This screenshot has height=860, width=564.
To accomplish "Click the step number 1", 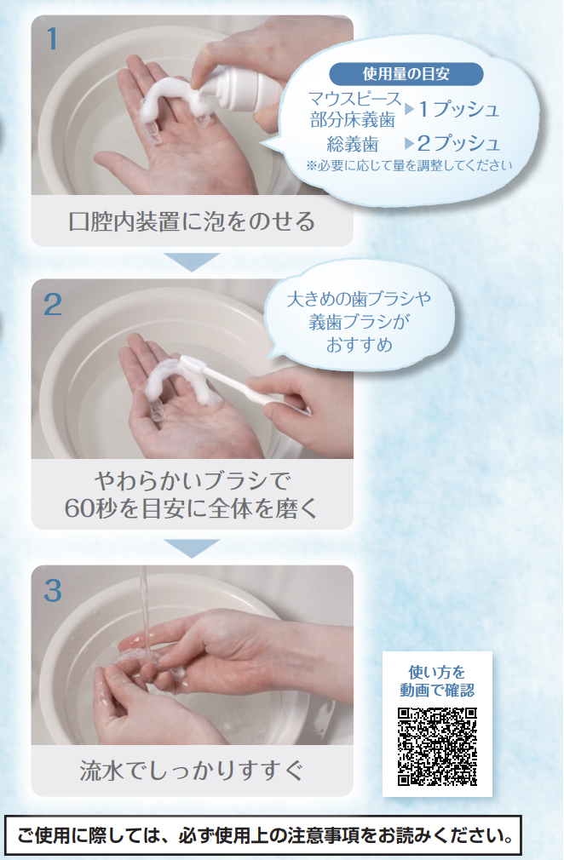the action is click(52, 39).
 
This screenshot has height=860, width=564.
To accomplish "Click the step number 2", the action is click(53, 304).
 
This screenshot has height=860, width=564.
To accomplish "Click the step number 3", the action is click(53, 591).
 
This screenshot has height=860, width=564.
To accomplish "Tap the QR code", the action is click(437, 747).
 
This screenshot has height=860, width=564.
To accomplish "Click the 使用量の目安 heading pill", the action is click(406, 74).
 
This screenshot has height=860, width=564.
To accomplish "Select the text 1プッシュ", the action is click(459, 109).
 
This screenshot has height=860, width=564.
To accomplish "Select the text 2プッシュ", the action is click(458, 143).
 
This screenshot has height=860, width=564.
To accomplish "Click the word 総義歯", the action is click(353, 144).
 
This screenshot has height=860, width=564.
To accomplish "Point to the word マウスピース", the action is click(355, 99).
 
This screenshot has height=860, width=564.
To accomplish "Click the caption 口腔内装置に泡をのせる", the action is click(192, 221).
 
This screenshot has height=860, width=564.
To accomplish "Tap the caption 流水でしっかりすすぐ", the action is click(192, 770).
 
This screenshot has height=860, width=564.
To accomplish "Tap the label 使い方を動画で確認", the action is click(437, 680).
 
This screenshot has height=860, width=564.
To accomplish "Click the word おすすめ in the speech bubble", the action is click(360, 345).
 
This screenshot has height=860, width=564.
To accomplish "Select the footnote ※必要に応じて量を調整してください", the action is click(409, 165).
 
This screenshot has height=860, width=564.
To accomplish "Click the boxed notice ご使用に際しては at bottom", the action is click(264, 835).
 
